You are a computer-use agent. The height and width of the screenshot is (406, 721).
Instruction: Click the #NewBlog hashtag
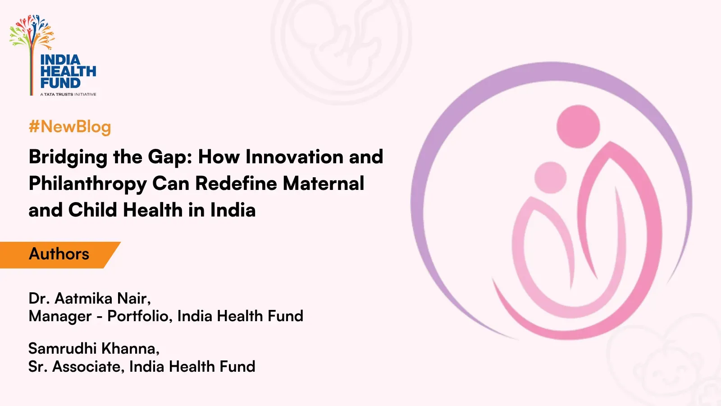tap(70, 127)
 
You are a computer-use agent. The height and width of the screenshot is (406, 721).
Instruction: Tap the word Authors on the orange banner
tap(59, 254)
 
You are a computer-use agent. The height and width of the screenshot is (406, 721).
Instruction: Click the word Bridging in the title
tap(68, 158)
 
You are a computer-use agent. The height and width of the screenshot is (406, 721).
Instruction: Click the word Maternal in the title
tap(324, 183)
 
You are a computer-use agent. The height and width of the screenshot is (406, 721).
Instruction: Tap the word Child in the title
tap(93, 210)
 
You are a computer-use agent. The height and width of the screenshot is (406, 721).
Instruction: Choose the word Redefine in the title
tap(236, 183)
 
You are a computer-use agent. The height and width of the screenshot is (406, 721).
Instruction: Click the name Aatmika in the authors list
tap(83, 298)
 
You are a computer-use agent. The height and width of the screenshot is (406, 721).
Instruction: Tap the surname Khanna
tap(131, 349)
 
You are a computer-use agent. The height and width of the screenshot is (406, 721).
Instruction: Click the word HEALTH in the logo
tap(68, 71)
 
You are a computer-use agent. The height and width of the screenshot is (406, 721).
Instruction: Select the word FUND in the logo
tap(60, 83)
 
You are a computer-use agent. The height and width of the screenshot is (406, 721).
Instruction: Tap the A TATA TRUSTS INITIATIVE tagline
tap(68, 94)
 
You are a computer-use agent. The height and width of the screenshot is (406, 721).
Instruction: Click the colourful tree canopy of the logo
tap(32, 32)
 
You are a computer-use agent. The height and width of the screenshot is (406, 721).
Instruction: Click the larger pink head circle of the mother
tap(578, 126)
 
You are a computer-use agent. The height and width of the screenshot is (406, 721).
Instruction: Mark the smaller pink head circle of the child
tap(550, 178)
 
